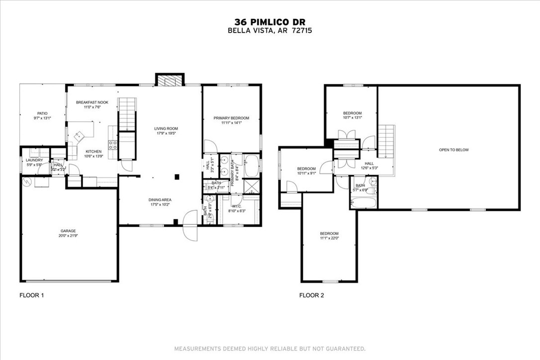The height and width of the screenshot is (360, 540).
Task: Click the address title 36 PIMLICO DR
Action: coord(270,22)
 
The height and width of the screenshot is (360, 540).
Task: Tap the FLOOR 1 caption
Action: coord(32,295)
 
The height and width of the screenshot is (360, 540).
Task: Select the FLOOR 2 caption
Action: coord(311,295)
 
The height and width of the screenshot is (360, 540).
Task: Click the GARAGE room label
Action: coord(68,231)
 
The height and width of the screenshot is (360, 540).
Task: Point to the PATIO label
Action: coord(42,113)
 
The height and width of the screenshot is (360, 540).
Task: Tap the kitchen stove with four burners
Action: coord(112,145)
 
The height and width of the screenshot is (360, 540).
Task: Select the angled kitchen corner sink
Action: coord(79,135)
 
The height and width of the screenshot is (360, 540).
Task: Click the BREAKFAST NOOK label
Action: coord(92,102)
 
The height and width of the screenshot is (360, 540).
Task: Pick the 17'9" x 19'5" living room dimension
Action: coord(166,134)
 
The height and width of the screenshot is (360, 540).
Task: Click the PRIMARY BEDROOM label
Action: coord(231,118)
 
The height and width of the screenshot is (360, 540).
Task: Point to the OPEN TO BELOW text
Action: coord(453,150)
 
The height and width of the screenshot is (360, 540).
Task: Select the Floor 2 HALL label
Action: coord(369,163)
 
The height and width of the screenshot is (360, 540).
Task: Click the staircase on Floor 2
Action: coord(386,141)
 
